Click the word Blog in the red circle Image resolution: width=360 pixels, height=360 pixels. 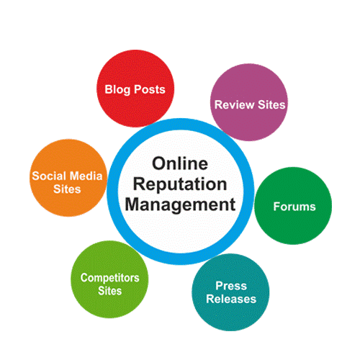[117, 90]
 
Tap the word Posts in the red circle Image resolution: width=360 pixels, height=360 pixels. [150, 89]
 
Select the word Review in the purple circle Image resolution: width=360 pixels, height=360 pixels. [234, 104]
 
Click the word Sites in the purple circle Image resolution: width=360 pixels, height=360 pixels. [271, 104]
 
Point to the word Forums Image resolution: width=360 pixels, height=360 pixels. [294, 207]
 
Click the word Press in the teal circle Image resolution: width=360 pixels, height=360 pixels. [231, 286]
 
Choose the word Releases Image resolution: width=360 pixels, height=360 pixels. [231, 299]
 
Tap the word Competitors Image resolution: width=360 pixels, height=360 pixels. [110, 278]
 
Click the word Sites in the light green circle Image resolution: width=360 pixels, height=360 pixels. [110, 291]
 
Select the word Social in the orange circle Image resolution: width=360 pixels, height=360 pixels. [46, 176]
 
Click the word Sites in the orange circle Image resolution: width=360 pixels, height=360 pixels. [67, 189]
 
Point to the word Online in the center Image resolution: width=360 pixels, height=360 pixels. [180, 163]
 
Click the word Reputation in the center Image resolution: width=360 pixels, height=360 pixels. [180, 185]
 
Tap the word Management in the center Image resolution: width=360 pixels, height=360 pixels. [180, 204]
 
